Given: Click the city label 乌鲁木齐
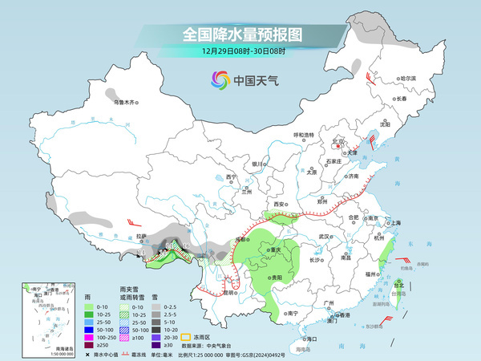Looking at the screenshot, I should (x=125, y=103).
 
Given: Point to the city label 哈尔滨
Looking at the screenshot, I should (x=409, y=79).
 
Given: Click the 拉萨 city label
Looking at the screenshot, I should (x=141, y=237).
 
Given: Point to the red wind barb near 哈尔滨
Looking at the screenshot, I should (x=370, y=76).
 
